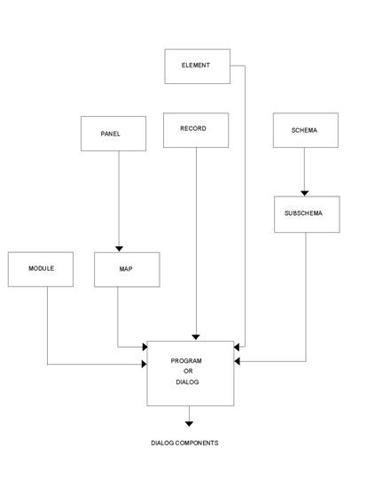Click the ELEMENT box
coord(197,66)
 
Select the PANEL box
coord(113,134)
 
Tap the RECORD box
coord(195,130)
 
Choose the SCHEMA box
coord(305,130)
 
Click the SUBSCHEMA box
coord(306,214)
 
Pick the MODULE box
coord(41,269)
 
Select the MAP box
coord(127,269)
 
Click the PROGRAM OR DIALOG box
coord(191,373)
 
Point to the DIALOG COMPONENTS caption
coord(184,443)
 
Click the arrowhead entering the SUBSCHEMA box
coord(304,193)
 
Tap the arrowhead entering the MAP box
coord(119,249)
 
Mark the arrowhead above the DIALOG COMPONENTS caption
coord(189,424)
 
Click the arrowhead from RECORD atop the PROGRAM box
coord(196,337)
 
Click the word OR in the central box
coord(188,372)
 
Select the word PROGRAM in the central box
coord(187,361)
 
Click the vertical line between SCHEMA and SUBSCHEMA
coord(304,168)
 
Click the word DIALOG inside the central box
coord(187,382)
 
